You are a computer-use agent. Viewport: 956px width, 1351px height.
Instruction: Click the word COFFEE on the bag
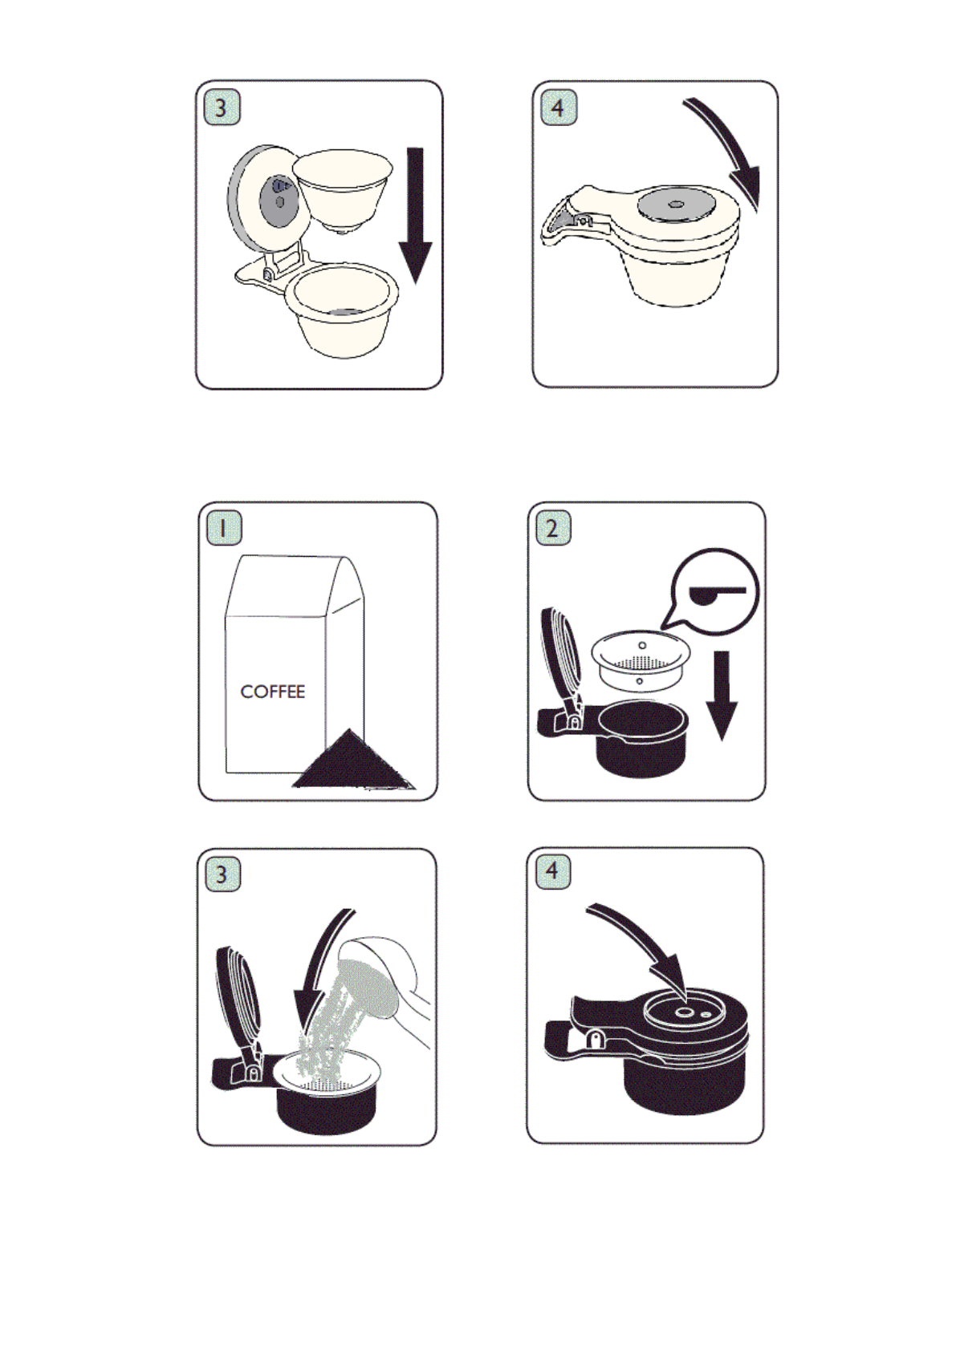click(272, 692)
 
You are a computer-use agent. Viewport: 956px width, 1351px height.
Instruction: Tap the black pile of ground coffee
click(352, 761)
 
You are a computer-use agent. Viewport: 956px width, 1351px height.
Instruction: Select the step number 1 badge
click(224, 529)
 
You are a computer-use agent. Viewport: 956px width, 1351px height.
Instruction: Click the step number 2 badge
click(553, 529)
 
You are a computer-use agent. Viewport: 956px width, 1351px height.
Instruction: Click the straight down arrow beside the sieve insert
click(722, 696)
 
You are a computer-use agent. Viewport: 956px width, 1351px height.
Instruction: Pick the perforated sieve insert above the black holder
click(641, 659)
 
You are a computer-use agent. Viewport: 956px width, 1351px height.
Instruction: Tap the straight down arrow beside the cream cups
click(415, 215)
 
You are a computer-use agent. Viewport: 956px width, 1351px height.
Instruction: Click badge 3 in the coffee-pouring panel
click(222, 874)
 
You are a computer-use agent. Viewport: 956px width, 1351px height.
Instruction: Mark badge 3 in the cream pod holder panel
click(222, 108)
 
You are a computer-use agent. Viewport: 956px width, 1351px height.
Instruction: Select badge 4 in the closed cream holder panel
click(559, 108)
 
